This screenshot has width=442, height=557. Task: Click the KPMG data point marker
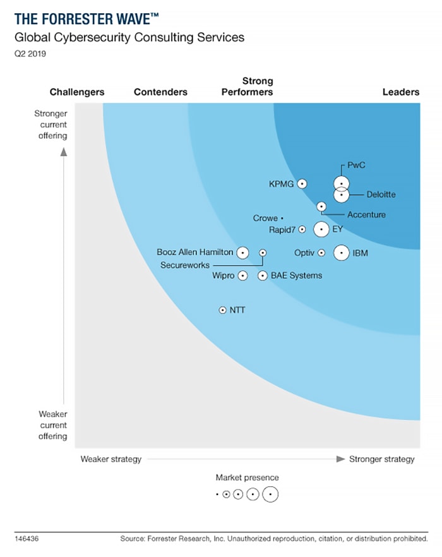(x=302, y=183)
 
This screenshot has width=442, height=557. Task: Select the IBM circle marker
(x=341, y=253)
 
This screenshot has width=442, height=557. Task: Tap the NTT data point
(x=222, y=310)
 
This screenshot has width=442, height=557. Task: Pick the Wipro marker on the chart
(x=242, y=275)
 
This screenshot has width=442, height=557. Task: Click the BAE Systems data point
(x=263, y=275)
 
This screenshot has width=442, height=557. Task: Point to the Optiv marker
(x=321, y=253)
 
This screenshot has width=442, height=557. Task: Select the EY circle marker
(x=321, y=229)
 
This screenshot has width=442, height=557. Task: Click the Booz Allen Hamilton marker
(x=242, y=253)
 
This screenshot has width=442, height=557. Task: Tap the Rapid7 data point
(x=302, y=229)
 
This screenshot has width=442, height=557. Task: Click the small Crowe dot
(x=282, y=218)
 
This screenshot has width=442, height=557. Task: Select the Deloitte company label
(x=381, y=195)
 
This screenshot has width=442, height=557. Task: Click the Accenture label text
(x=366, y=215)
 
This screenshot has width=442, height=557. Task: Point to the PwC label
(x=357, y=165)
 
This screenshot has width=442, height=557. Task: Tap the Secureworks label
(x=184, y=265)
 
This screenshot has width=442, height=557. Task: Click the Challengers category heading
(x=77, y=92)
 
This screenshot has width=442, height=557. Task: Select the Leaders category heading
(x=401, y=92)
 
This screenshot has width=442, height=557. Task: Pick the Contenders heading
(x=160, y=92)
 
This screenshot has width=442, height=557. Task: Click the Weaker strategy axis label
(x=110, y=459)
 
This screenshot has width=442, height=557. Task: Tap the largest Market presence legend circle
(x=270, y=494)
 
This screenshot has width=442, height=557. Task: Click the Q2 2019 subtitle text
(x=30, y=54)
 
